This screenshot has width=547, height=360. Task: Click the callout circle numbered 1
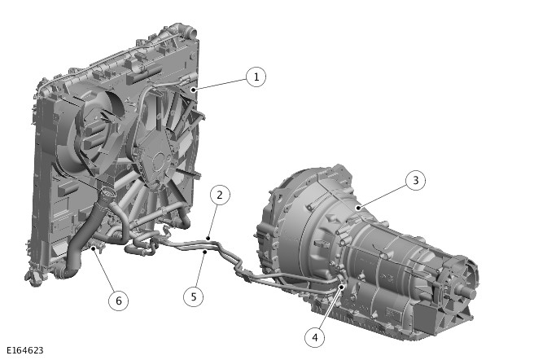coord(256,77)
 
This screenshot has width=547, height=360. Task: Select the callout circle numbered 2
coord(220,195)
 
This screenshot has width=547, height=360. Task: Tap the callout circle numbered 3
coord(415,180)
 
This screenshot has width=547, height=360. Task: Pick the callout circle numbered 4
coord(315,338)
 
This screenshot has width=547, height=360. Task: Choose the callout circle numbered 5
coord(194,296)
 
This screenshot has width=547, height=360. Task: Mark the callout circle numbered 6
coord(118,301)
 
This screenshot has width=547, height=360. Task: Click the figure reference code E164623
coord(25,350)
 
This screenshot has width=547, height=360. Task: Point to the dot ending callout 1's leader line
coord(193,90)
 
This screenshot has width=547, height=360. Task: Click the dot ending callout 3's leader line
coord(358,209)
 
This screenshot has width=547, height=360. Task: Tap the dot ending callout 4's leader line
coord(342,287)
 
